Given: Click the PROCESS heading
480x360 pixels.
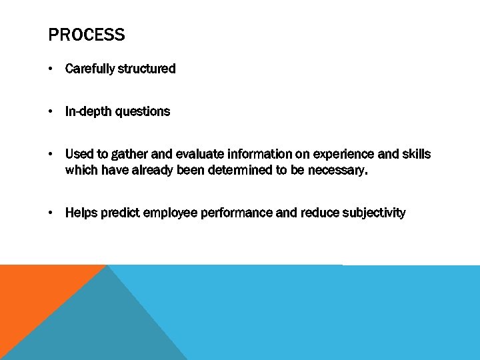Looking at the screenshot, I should coord(87,35).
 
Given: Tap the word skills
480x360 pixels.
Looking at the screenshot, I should coord(416,154).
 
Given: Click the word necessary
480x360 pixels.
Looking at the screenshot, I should coord(337,170).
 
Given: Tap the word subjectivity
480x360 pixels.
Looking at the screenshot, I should coord(374,213).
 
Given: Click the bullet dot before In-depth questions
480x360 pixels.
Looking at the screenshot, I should coord(51,111).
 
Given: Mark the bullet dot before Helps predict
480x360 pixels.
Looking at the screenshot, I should coord(51,213).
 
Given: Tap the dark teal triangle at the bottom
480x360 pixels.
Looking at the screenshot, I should coord(100,327).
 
